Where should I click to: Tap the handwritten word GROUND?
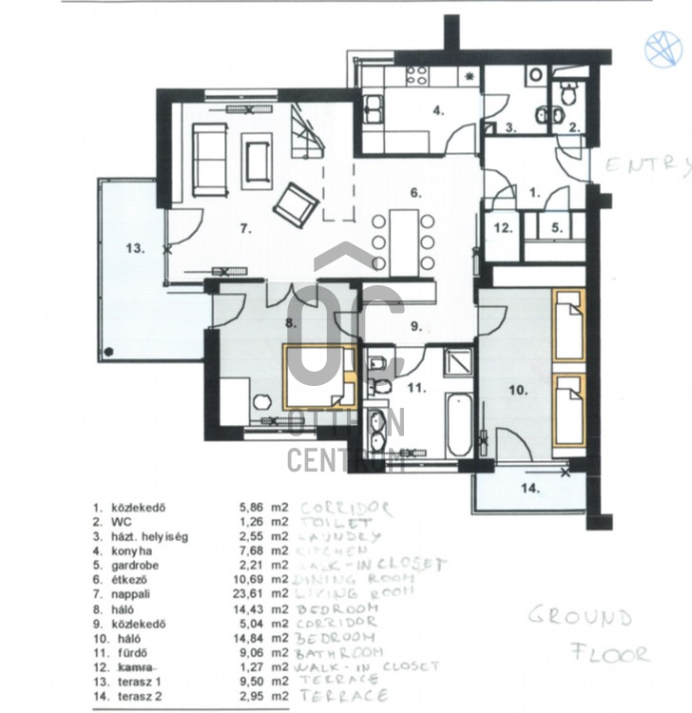coord(580,618)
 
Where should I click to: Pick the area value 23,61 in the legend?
coord(254,594)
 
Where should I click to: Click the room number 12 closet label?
coord(503,227)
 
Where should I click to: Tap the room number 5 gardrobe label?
coord(557,227)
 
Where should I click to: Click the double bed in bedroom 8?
coord(320,376)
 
